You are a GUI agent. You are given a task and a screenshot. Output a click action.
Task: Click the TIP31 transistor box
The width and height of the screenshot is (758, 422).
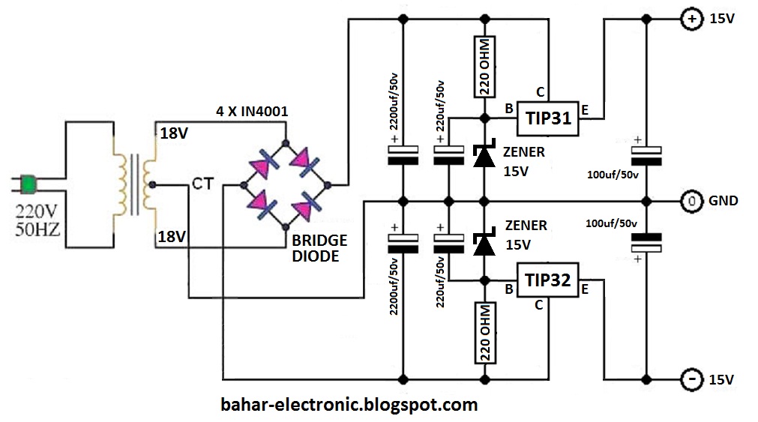[x=548, y=118]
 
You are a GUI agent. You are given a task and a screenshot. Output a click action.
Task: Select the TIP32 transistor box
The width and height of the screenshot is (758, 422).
[x=548, y=282]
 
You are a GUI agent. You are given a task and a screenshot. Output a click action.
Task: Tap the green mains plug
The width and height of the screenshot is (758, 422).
[x=29, y=183]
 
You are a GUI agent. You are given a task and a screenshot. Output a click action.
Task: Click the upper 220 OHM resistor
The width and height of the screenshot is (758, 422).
[x=485, y=67]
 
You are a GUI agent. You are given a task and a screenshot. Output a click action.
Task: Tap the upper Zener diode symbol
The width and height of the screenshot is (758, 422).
[x=484, y=155]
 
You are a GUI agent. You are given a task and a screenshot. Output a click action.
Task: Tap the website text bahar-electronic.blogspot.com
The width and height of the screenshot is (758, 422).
[x=349, y=406]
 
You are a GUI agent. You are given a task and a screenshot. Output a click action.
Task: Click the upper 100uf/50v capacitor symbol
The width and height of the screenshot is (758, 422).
[x=646, y=154]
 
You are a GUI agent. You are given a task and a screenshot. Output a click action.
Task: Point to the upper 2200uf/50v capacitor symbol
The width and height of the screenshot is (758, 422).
[x=403, y=154]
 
